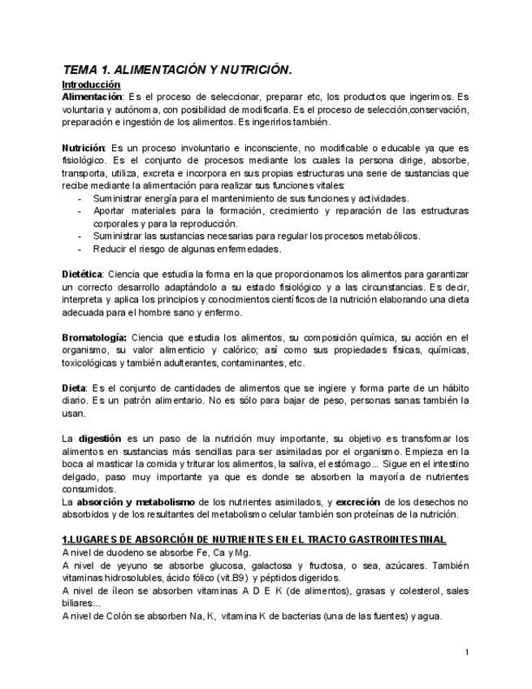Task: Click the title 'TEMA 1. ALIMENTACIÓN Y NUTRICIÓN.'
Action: [x=176, y=70]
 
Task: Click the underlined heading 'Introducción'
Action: [x=91, y=84]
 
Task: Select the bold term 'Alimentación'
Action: [x=92, y=97]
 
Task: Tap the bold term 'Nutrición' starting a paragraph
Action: [x=84, y=148]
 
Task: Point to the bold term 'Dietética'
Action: [x=82, y=275]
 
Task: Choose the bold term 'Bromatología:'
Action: [x=94, y=337]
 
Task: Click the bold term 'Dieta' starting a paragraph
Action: [x=76, y=388]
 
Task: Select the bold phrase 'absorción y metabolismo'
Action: [x=131, y=501]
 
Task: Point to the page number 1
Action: [x=466, y=652]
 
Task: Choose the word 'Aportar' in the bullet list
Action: [x=110, y=211]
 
